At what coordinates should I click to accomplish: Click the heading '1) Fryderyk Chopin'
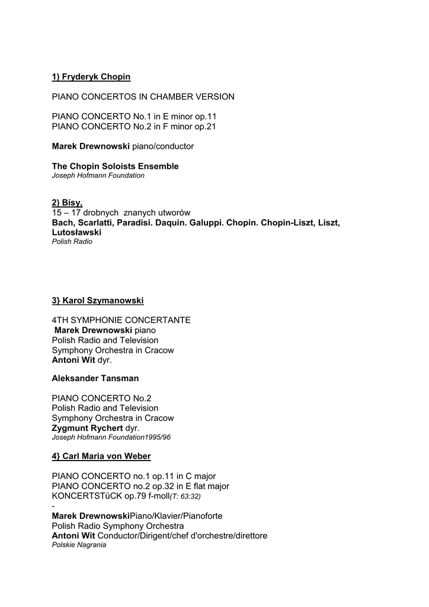91,77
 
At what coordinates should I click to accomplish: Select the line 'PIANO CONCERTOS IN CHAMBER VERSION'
143,97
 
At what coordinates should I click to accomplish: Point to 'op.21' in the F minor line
206,127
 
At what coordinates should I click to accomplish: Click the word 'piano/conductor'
162,146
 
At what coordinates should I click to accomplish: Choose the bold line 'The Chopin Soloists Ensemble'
115,167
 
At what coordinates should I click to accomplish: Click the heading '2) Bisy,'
67,203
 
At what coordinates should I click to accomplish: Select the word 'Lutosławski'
76,233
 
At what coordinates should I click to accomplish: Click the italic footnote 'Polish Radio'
72,242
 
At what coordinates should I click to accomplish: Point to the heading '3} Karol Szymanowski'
98,301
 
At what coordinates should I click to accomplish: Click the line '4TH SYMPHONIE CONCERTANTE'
121,320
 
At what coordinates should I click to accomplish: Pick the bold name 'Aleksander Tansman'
95,378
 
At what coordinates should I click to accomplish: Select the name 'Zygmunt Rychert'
88,428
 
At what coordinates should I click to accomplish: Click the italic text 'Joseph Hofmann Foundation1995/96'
111,437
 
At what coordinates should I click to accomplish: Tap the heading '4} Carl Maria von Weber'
101,456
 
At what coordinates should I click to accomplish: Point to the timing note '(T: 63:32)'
185,496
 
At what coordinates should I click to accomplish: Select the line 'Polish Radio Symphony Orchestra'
118,526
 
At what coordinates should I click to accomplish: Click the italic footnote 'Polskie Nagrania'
79,545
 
